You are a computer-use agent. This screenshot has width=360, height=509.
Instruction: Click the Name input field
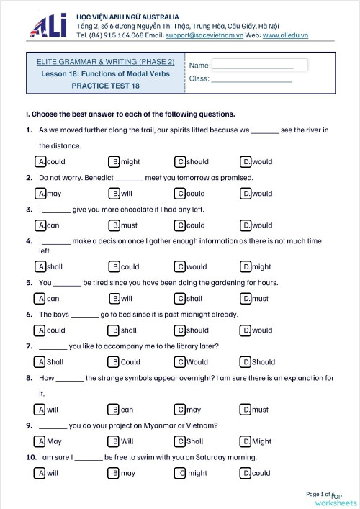coord(259,65)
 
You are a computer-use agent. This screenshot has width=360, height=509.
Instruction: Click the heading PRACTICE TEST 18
coord(105,86)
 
